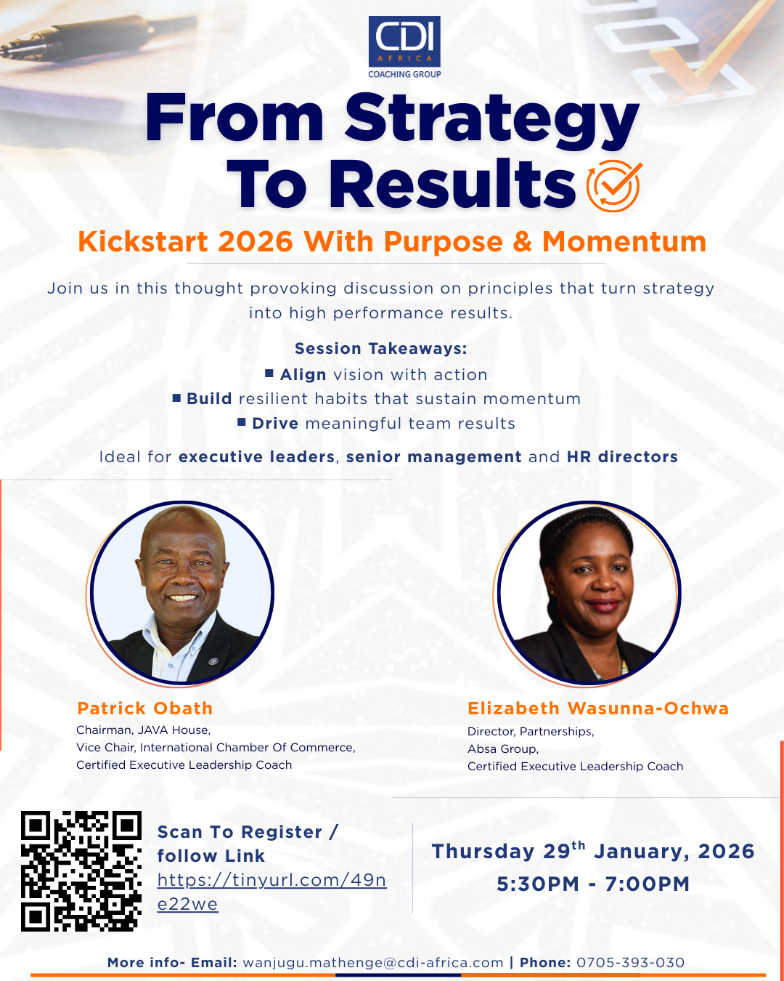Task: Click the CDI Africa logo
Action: click(x=404, y=47)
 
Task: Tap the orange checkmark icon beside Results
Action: click(x=614, y=185)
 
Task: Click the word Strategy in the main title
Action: click(x=492, y=121)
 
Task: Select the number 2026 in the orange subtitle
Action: click(x=255, y=241)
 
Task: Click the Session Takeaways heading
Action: click(x=381, y=349)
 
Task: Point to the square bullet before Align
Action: click(x=269, y=374)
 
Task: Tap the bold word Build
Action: click(x=209, y=399)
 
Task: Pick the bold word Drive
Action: click(x=275, y=424)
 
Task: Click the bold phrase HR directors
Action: click(x=622, y=457)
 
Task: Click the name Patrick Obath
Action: click(x=145, y=708)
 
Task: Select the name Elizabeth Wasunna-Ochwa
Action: click(x=598, y=708)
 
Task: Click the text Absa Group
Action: click(x=503, y=749)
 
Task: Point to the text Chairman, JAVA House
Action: click(x=144, y=730)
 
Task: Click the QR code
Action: click(x=81, y=871)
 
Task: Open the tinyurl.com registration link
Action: click(x=271, y=892)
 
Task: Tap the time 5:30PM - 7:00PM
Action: click(x=593, y=884)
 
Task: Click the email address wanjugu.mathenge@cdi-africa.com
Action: click(x=373, y=963)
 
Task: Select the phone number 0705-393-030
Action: click(x=631, y=963)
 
